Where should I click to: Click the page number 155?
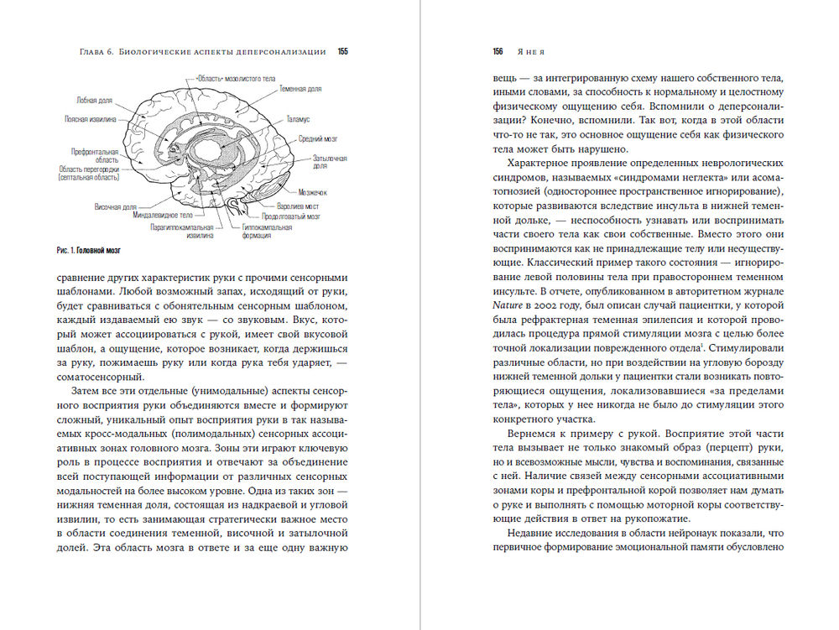coord(342,51)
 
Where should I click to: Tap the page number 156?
coord(498,51)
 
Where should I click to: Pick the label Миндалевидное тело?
coord(163,215)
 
